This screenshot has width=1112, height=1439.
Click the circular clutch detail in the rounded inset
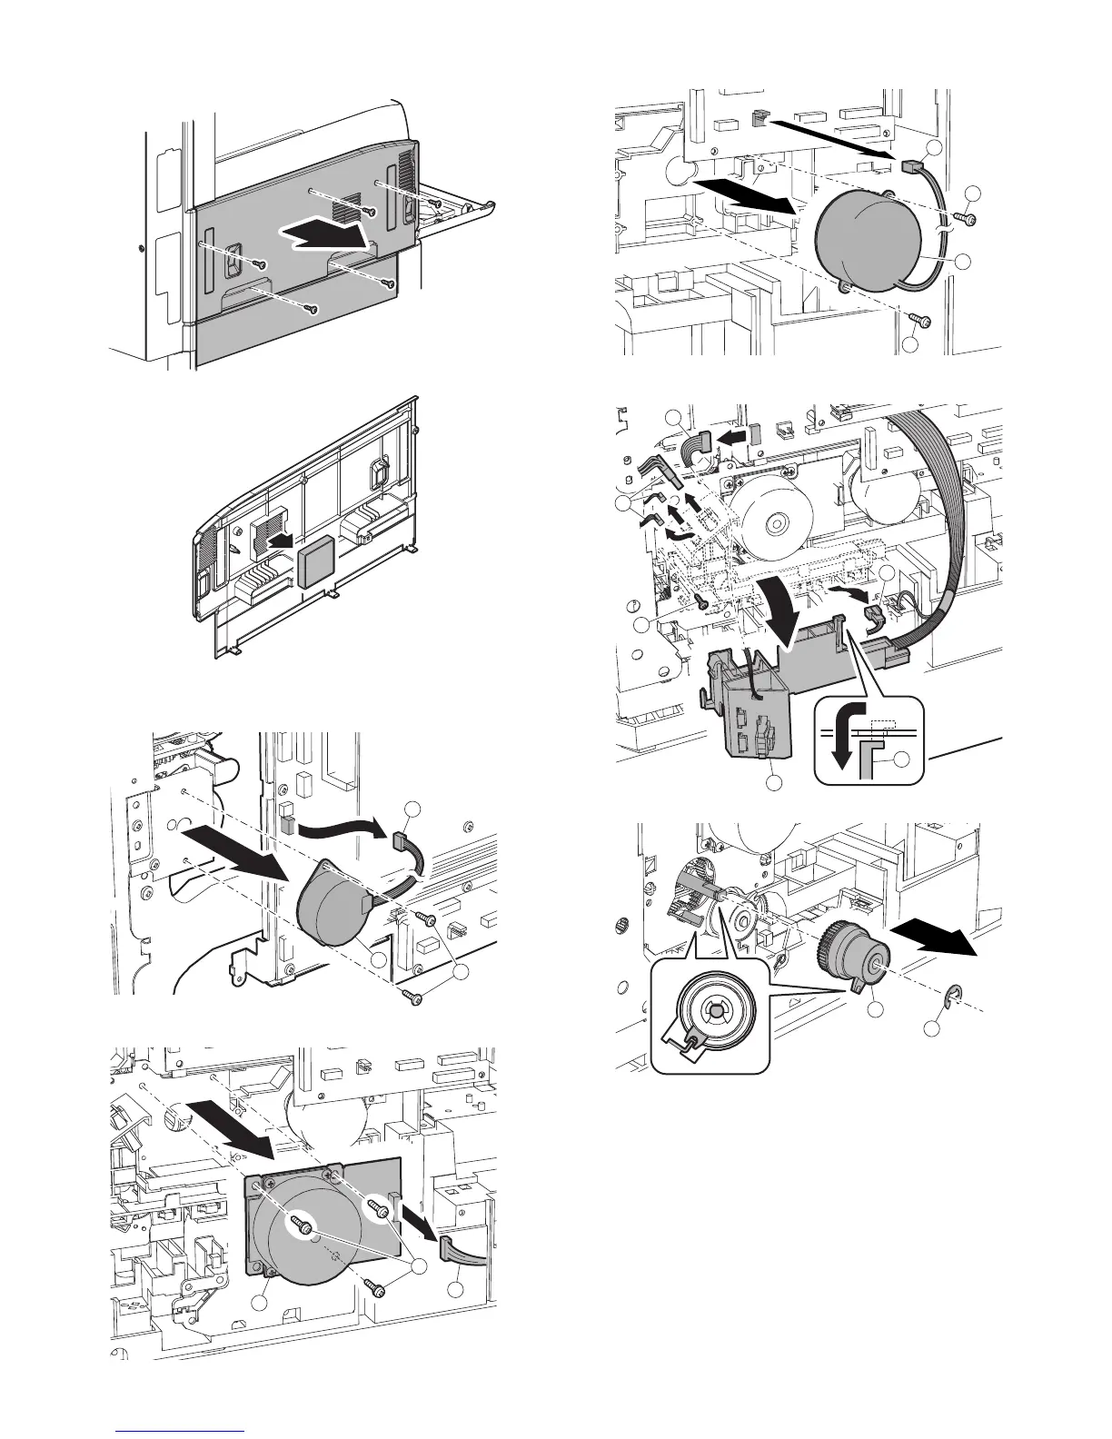coord(712,1009)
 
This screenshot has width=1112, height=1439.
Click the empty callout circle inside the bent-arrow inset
coord(904,762)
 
